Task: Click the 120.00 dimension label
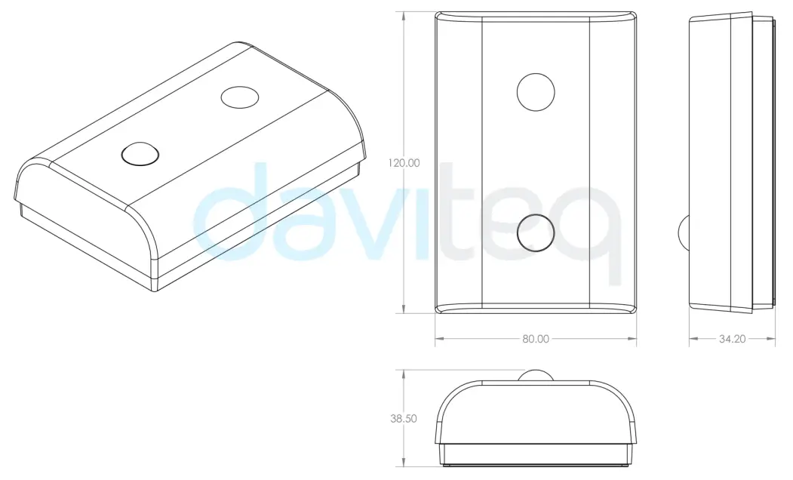tap(404, 162)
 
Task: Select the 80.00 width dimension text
tap(536, 339)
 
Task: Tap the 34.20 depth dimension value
tap(732, 339)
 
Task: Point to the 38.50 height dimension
tap(404, 419)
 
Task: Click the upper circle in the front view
tap(536, 91)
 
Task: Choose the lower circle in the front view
tap(536, 232)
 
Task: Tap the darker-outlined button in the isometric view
tap(140, 153)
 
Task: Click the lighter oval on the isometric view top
tap(240, 97)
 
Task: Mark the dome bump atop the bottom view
tap(536, 376)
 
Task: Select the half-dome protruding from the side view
tap(685, 232)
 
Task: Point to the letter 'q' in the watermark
tap(596, 226)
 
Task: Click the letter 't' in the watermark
tap(460, 219)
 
